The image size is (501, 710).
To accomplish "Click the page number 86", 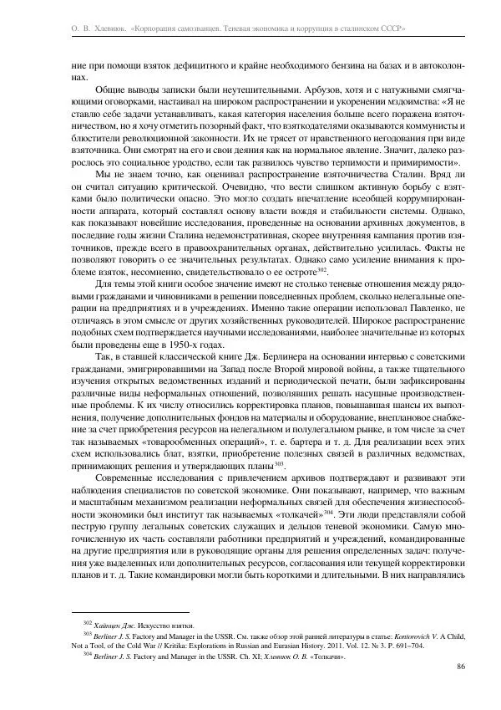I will point(460,666).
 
